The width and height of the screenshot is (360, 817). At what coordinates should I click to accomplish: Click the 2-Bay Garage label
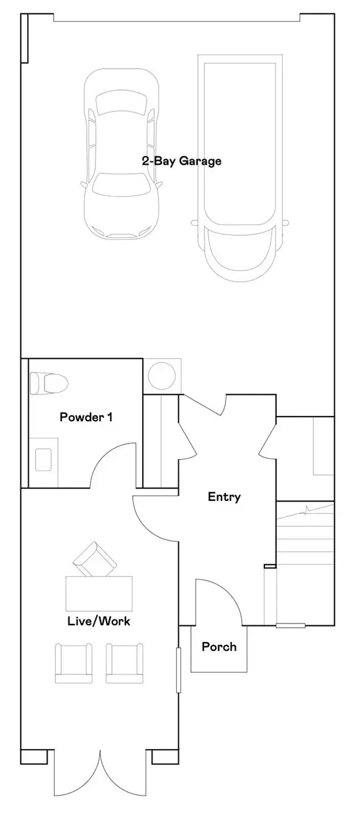[x=181, y=161]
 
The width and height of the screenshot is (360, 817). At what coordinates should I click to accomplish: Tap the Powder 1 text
[x=86, y=417]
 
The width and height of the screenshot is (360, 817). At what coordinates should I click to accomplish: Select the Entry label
[x=224, y=497]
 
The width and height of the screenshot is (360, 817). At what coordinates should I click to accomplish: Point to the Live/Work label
[x=99, y=621]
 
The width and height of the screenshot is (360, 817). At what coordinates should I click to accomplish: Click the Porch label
[x=219, y=647]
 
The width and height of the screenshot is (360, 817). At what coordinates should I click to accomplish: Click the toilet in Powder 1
[x=49, y=383]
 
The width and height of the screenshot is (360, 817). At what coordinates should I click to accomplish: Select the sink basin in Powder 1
[x=43, y=459]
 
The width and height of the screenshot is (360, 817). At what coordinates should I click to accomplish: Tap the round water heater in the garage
[x=162, y=375]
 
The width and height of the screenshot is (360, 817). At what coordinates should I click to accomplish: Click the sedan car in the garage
[x=121, y=154]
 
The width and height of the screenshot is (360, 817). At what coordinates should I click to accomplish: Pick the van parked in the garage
[x=240, y=168]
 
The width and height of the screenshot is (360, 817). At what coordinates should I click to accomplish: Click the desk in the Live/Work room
[x=99, y=593]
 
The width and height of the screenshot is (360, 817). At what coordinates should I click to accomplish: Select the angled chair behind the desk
[x=95, y=560]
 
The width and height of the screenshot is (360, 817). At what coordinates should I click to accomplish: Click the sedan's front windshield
[x=121, y=186]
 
